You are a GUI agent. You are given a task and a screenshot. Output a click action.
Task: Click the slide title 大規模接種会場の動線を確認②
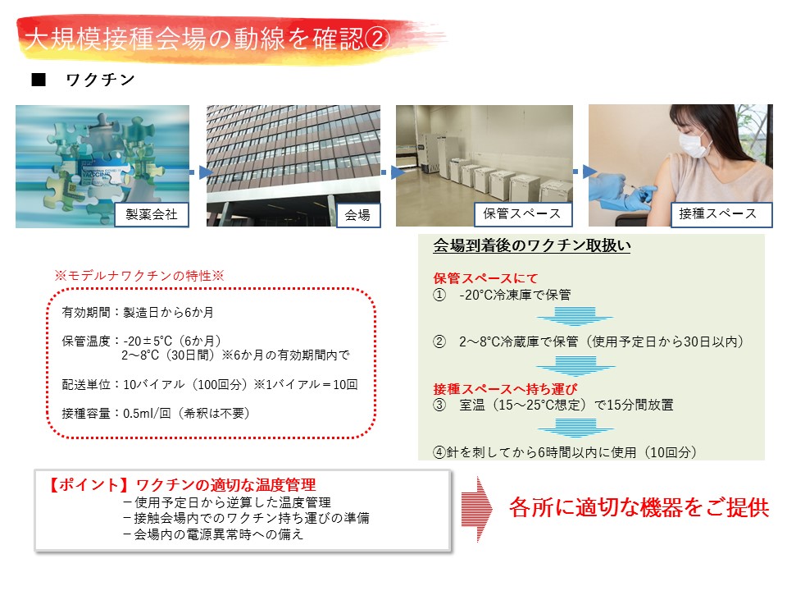[x=207, y=39]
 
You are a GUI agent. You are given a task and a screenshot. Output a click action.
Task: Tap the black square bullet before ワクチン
[x=39, y=80]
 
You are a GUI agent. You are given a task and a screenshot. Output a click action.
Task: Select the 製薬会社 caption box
[x=152, y=214]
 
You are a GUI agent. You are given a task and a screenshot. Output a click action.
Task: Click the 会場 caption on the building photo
[x=358, y=215]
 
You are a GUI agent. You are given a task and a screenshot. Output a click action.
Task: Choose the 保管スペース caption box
[x=522, y=214]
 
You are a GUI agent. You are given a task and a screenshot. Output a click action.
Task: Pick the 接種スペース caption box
[x=719, y=214]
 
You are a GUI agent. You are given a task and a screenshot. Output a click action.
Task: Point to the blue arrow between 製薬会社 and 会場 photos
[x=201, y=172]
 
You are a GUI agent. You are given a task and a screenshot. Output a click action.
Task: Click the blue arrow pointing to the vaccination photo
[x=585, y=172]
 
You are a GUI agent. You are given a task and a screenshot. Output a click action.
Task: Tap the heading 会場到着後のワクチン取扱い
[x=531, y=245]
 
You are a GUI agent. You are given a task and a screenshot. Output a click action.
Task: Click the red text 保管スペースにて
[x=485, y=278]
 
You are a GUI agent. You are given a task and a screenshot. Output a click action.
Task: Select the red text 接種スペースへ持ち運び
[x=505, y=388]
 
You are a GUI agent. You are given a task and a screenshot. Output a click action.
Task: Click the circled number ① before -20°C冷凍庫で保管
[x=439, y=295]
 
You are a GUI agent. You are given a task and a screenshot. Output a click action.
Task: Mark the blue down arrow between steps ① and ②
[x=575, y=315]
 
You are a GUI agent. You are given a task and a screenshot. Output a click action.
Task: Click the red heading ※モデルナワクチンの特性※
[x=139, y=276]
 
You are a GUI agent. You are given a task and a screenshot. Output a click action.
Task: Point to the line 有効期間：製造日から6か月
[x=138, y=313]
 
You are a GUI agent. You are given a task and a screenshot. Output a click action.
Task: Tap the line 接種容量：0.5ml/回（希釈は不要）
[x=156, y=414]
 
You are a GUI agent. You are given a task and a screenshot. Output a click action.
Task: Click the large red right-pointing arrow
[x=477, y=509]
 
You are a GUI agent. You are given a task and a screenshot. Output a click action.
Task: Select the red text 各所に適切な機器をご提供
[x=639, y=507]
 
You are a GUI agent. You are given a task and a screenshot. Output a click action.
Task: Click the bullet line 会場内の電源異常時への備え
[x=213, y=534]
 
